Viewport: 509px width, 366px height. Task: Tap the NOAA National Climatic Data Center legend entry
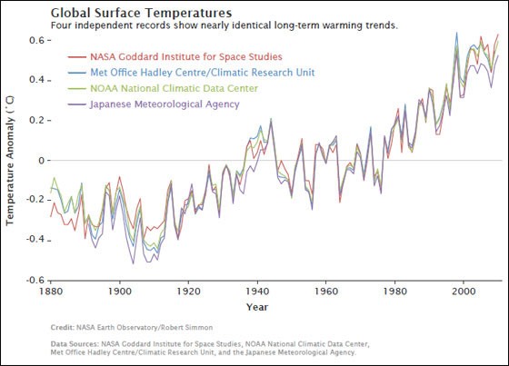click(x=173, y=89)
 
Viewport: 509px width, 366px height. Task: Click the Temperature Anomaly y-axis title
click(x=12, y=163)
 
